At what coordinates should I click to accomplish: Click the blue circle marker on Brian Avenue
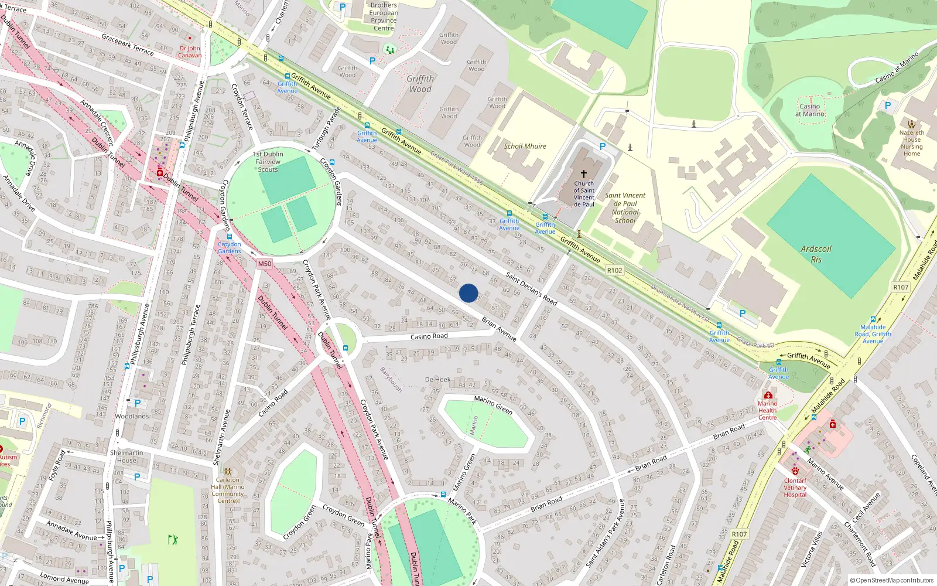click(x=468, y=293)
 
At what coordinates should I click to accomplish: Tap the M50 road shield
click(x=265, y=264)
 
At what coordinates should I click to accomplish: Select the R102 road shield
click(x=614, y=270)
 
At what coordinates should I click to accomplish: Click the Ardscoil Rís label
click(x=816, y=254)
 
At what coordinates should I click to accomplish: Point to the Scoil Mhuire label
click(x=525, y=146)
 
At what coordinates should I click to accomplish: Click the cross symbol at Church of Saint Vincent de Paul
click(x=583, y=174)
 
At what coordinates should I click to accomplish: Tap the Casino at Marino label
click(x=810, y=110)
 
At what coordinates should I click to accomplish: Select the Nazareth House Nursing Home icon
click(x=911, y=124)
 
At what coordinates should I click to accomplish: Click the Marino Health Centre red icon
click(x=768, y=395)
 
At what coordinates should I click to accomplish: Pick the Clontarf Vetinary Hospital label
click(x=795, y=488)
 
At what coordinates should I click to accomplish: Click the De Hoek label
click(x=438, y=379)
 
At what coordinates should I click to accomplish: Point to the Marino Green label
click(x=493, y=404)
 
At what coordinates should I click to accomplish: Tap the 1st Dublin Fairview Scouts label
click(x=268, y=162)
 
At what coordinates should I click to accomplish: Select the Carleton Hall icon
click(x=228, y=471)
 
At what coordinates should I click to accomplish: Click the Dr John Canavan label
click(x=190, y=52)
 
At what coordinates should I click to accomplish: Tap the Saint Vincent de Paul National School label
click(x=625, y=208)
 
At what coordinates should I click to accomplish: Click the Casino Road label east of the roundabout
click(x=429, y=336)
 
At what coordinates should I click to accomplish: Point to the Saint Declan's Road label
click(x=531, y=288)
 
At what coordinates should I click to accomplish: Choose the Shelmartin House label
click(x=126, y=456)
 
